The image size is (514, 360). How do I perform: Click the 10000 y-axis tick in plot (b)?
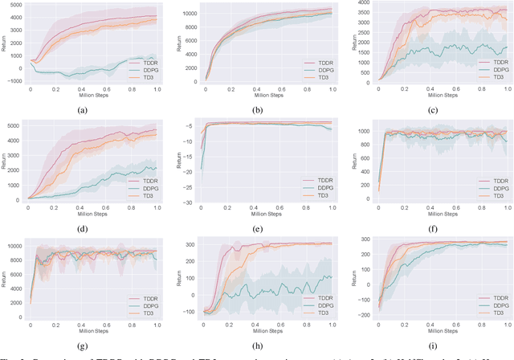click(190, 13)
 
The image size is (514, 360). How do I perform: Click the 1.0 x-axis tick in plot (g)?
click(157, 324)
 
